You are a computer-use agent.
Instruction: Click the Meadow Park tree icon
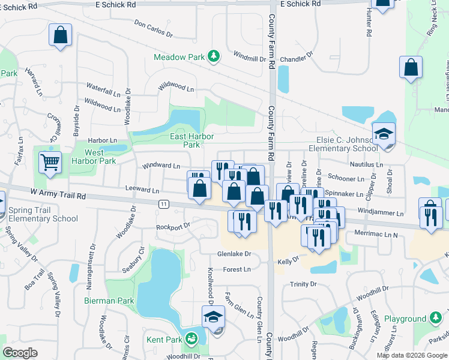coord(213,57)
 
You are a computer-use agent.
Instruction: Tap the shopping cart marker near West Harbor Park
coord(50,161)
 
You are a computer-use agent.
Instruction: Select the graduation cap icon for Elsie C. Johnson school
coord(382,134)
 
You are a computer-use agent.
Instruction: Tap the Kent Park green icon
coord(191,340)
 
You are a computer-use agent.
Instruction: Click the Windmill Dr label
coord(250,58)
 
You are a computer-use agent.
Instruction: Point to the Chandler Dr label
coord(297,58)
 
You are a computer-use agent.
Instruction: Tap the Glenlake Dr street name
coord(234,254)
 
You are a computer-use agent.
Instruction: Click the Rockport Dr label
coord(173,226)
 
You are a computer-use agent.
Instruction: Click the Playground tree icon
coord(436,319)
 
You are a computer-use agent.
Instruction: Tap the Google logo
coord(20,353)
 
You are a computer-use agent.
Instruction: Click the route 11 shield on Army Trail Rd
coord(163,205)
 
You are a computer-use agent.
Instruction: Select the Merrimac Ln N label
coord(376,233)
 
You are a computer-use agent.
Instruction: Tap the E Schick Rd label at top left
coord(115,4)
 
